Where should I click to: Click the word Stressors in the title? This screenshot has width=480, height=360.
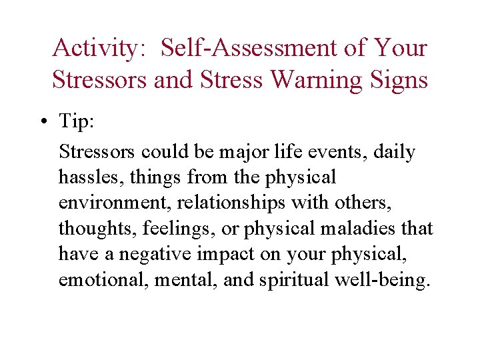coord(100,80)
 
